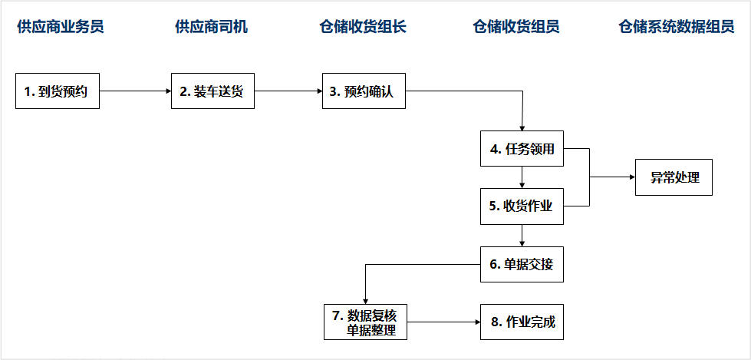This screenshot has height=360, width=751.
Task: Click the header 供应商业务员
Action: coord(61,27)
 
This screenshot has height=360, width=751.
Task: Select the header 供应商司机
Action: coord(211,27)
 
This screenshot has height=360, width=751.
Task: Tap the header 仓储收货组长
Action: coord(363,27)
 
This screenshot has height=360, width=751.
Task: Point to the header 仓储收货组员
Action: coord(515,27)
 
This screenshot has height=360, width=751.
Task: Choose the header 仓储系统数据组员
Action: coord(677,27)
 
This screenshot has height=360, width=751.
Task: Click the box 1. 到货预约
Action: coord(58,91)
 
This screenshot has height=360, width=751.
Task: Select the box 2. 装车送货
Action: coord(212,91)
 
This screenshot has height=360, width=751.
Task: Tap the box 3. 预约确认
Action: coord(364,91)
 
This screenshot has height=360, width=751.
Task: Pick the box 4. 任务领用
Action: coord(522,149)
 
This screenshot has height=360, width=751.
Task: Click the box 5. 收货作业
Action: coord(522,206)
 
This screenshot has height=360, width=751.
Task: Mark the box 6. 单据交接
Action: coord(522,264)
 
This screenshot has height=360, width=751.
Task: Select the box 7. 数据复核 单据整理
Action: coord(365,322)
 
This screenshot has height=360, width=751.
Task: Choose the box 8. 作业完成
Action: coord(522,322)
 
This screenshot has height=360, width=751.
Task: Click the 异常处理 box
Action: coord(674,177)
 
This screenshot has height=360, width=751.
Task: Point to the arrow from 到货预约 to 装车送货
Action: coord(136,91)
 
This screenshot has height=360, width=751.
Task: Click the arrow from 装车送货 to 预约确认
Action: coord(288,91)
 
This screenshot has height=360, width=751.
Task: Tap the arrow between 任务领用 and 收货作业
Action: coord(522,177)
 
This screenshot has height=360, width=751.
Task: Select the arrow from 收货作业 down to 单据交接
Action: coord(522,236)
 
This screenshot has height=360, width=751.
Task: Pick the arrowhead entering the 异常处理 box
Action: coord(632,177)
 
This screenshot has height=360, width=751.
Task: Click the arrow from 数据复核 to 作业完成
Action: coord(443,322)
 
